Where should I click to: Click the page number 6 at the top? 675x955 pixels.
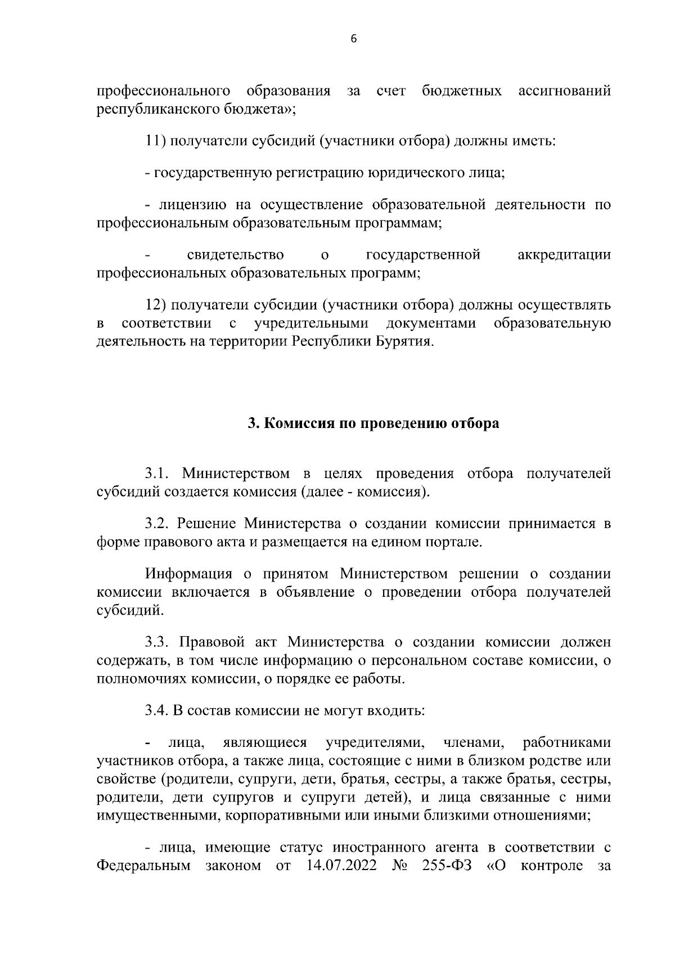coord(353,39)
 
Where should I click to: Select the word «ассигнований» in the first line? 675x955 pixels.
coord(564,91)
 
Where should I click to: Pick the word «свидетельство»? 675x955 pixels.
coord(235,255)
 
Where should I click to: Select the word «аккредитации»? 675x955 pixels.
coord(564,255)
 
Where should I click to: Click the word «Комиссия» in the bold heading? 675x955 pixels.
coord(297,424)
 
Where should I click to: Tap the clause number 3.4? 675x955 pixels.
coord(157,710)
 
